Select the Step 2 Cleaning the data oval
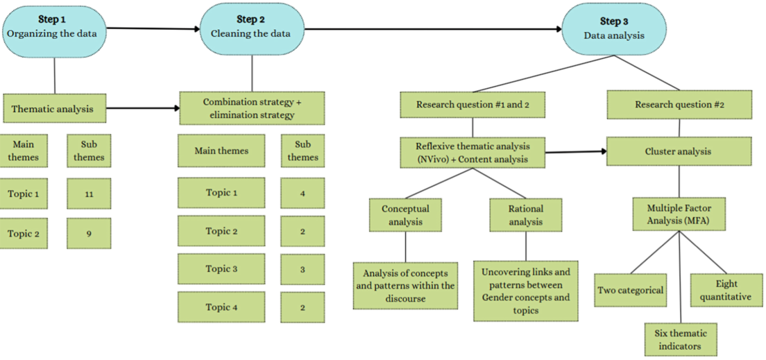(x=252, y=30)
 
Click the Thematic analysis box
(x=55, y=108)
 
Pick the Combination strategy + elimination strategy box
(x=252, y=108)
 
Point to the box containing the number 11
(x=89, y=194)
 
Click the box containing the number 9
(x=89, y=233)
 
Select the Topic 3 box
(x=221, y=268)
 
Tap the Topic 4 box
(x=221, y=307)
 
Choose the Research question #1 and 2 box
(x=473, y=105)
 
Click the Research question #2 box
(x=679, y=105)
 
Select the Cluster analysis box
(x=679, y=151)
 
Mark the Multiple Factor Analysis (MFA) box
(x=679, y=214)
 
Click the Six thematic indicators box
(x=681, y=339)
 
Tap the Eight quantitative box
(x=727, y=290)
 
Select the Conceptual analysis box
(x=405, y=214)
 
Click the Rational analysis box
(x=526, y=214)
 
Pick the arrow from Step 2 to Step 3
(x=433, y=29)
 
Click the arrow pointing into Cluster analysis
(x=576, y=152)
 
